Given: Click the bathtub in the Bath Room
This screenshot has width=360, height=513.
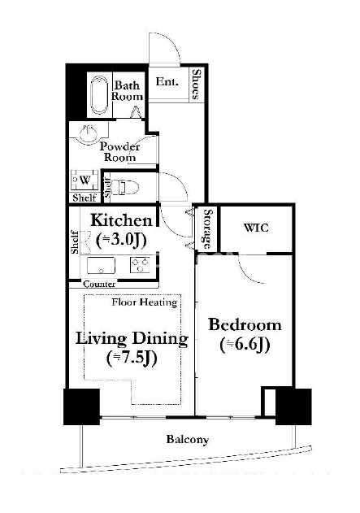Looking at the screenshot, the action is (99, 95).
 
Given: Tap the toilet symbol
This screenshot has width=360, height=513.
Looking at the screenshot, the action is (125, 187).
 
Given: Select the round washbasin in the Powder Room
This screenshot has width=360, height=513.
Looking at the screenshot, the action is (89, 133).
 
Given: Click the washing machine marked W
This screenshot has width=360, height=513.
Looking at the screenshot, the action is (85, 180).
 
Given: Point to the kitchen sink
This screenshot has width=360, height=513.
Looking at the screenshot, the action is (101, 265).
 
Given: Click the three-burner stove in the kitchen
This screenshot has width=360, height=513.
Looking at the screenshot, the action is (140, 265).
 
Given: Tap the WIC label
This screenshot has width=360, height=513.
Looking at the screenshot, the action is (256, 228).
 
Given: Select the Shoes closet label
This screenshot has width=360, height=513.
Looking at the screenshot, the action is (196, 84).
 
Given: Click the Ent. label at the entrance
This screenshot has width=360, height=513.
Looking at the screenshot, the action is (167, 81).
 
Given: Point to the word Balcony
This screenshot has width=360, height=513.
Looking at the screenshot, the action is (188, 439).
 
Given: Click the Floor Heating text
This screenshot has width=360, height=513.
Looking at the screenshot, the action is (144, 302).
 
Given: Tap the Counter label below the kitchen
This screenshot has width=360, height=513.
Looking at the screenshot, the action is (99, 284).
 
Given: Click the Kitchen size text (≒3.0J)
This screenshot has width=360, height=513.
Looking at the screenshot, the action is (121, 240).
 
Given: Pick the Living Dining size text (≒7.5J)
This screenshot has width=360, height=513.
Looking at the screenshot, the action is (132, 358).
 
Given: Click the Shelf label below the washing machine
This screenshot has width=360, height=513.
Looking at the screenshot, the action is (85, 198).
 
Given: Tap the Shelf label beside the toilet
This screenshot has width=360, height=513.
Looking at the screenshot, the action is (106, 188).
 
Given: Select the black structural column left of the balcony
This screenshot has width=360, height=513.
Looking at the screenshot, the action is (81, 406).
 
